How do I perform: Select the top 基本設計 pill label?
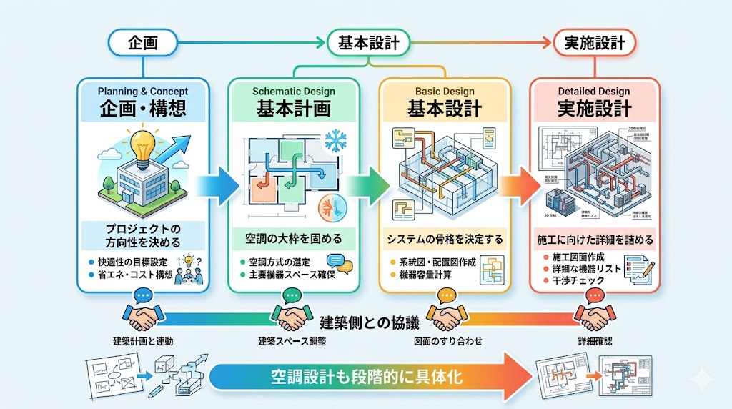pos(367,43)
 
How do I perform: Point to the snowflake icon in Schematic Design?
pos(334,141)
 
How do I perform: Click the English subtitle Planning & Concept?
pos(144,92)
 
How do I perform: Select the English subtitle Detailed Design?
pos(594,92)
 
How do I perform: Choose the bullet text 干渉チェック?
pos(578,280)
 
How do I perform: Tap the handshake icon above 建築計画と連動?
pos(143,314)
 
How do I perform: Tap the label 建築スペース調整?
pos(292,342)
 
